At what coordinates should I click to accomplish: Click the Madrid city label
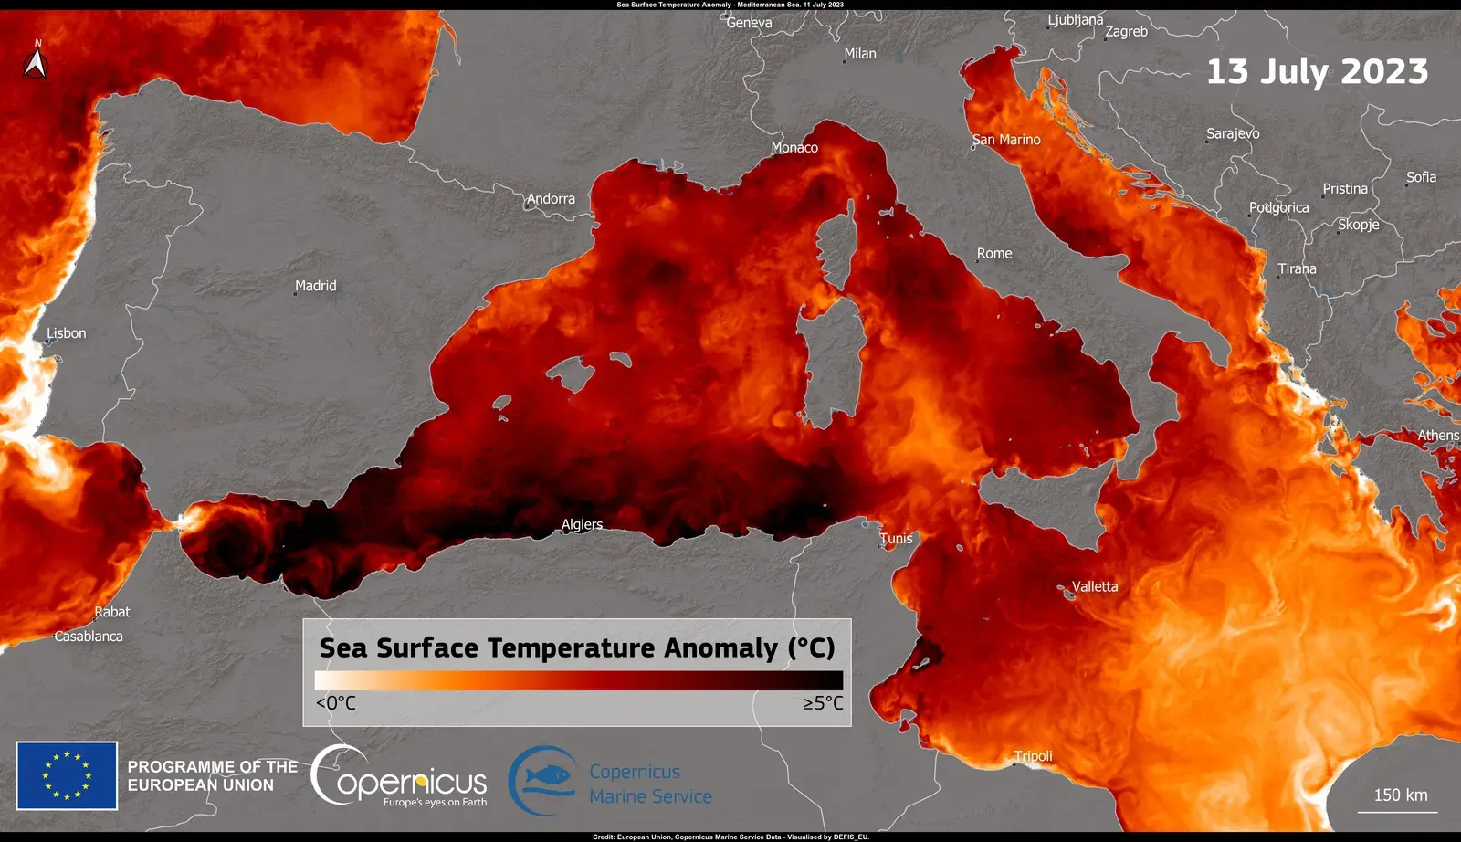pyautogui.click(x=316, y=286)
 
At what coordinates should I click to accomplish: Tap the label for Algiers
pyautogui.click(x=582, y=524)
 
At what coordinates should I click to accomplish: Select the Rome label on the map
pyautogui.click(x=994, y=254)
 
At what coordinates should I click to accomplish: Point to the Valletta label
pyautogui.click(x=1094, y=586)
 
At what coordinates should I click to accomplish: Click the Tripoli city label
pyautogui.click(x=1034, y=756)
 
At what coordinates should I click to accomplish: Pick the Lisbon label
pyautogui.click(x=67, y=333)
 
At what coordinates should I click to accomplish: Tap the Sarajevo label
pyautogui.click(x=1233, y=133)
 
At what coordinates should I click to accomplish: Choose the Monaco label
pyautogui.click(x=794, y=147)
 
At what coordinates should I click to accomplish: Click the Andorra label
pyautogui.click(x=551, y=199)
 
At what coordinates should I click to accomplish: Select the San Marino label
pyautogui.click(x=1006, y=140)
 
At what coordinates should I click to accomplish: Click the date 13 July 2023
pyautogui.click(x=1317, y=71)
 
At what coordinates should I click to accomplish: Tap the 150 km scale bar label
pyautogui.click(x=1401, y=795)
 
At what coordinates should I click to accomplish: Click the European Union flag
pyautogui.click(x=67, y=775)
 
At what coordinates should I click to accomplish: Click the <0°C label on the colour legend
pyautogui.click(x=336, y=703)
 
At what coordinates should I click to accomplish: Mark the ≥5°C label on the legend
pyautogui.click(x=823, y=703)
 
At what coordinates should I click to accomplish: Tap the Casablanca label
pyautogui.click(x=89, y=637)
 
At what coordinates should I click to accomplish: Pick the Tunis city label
pyautogui.click(x=896, y=539)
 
